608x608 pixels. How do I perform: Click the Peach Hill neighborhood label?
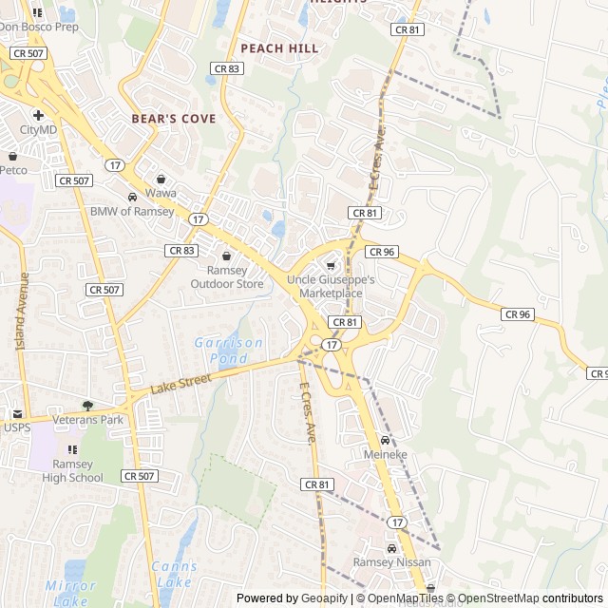point(279,47)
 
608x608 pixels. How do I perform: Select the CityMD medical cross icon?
point(38,115)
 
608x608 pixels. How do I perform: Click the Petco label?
point(13,170)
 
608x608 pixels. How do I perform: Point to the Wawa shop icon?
point(161,179)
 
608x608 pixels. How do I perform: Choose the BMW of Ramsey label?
point(132,211)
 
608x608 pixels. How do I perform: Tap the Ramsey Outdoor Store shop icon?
point(226,256)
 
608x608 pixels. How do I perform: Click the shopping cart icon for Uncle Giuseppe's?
point(331,266)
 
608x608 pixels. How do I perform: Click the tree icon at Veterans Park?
point(87,406)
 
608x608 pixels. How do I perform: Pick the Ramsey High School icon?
point(71,449)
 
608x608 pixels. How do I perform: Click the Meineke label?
point(385,455)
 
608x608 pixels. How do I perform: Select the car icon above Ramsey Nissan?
point(391,548)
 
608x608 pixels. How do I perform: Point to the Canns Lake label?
point(174,573)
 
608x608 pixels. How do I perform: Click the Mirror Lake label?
point(70,593)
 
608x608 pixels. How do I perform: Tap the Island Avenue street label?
point(22,310)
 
